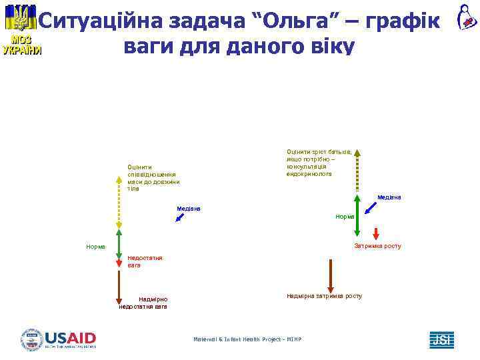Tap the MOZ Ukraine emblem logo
point(22,30)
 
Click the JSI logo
point(441,339)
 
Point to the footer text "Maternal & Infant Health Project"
point(247,339)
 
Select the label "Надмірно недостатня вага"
point(143,303)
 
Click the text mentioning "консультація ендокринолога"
point(319,163)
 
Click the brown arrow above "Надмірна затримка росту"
point(330,275)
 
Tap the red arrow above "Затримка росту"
point(376,233)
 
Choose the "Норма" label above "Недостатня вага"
point(95,247)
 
